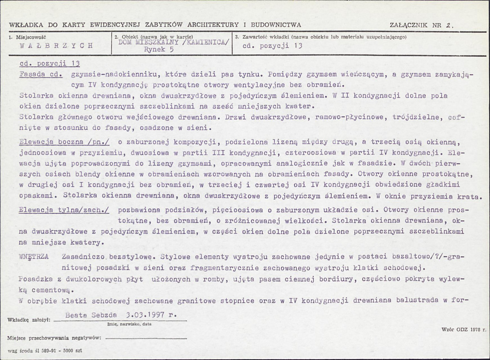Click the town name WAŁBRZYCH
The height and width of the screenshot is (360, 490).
coord(56,45)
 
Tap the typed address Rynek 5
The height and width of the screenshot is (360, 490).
coord(160,49)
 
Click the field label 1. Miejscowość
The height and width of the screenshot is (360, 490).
coord(27,37)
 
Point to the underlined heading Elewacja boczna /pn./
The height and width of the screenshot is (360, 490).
coord(64,142)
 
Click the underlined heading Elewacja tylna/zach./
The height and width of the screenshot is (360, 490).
coord(64,210)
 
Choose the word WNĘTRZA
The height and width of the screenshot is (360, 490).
coord(34,257)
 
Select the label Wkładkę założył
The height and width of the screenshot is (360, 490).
coord(29,320)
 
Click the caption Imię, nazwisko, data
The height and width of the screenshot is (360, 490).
coord(129,324)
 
